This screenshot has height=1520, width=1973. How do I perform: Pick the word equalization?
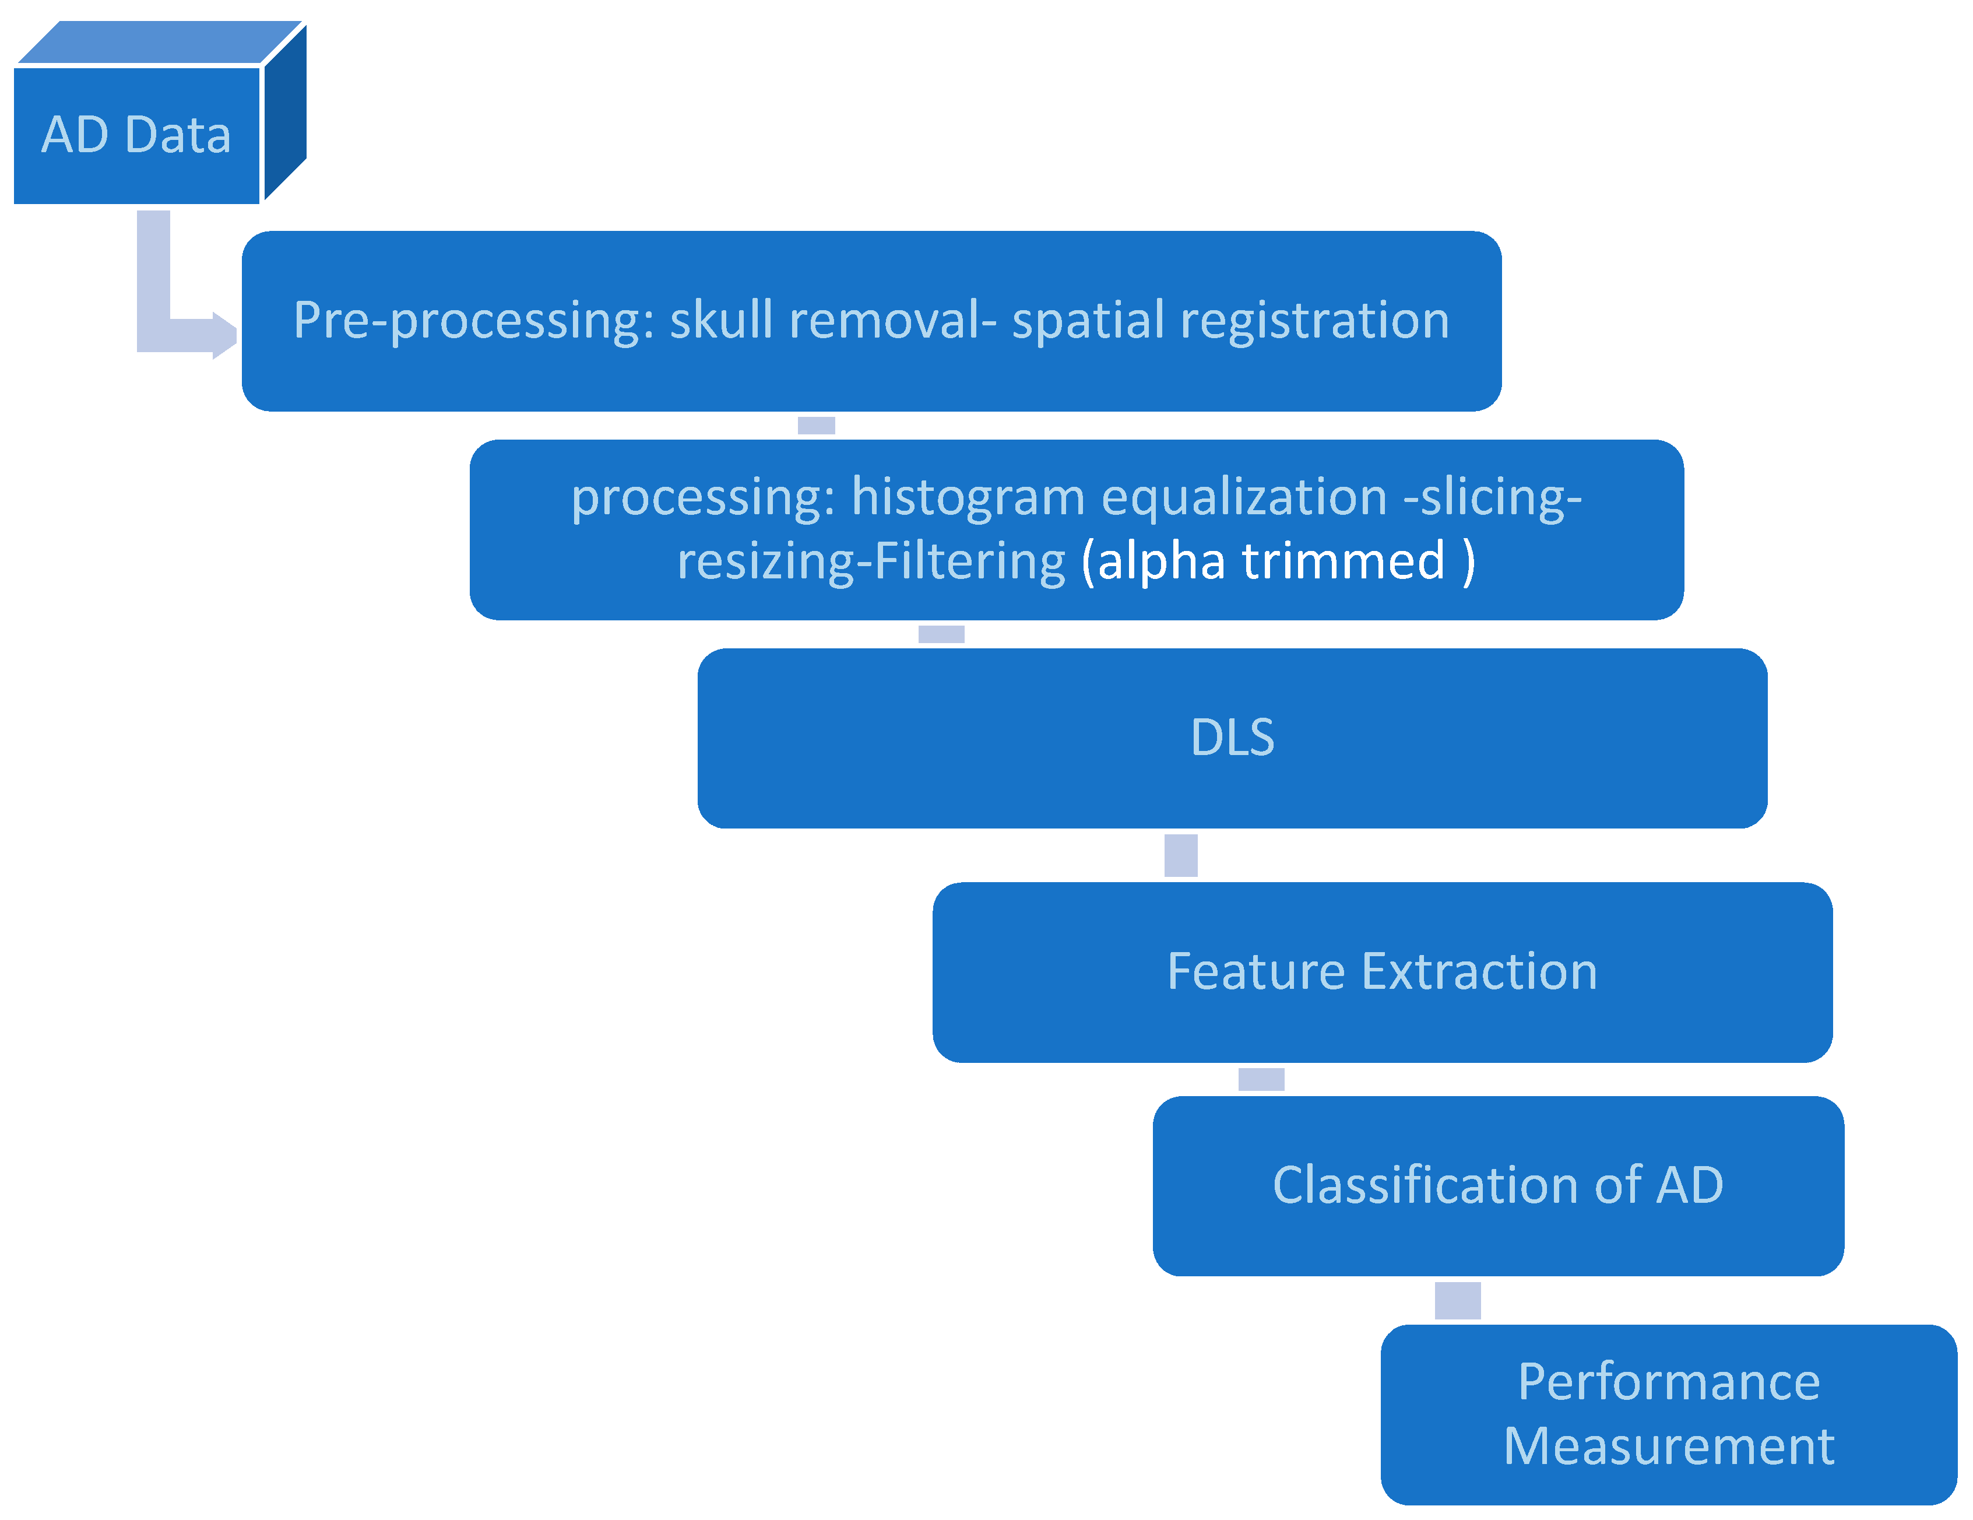tap(1244, 497)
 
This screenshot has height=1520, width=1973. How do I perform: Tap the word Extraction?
tap(1479, 971)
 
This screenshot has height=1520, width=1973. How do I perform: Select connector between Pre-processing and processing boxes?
tap(816, 424)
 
